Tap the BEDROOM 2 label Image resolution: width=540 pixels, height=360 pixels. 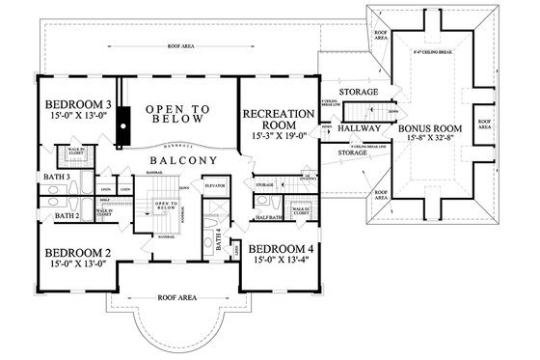click(x=72, y=253)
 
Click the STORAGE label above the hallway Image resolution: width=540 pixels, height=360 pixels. click(x=359, y=93)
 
